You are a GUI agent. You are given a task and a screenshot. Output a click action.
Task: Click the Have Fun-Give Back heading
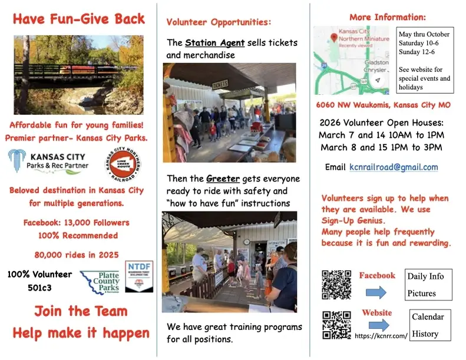(x=78, y=19)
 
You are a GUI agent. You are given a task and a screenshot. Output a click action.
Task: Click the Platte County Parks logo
(x=100, y=282)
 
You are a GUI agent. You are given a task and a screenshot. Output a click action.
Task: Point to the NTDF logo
(x=139, y=276)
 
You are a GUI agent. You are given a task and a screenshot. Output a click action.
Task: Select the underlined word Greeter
(x=221, y=179)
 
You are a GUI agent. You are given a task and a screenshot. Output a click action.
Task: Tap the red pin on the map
(x=334, y=38)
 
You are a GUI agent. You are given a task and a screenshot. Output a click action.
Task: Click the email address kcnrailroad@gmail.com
(x=398, y=167)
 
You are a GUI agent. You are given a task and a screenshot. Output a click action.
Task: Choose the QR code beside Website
(x=337, y=325)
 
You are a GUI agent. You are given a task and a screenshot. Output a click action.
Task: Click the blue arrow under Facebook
(x=375, y=292)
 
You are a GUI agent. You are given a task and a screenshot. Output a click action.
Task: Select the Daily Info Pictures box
(x=428, y=285)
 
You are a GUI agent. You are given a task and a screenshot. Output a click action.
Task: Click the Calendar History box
(x=430, y=325)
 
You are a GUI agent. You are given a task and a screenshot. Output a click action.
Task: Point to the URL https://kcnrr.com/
(x=381, y=336)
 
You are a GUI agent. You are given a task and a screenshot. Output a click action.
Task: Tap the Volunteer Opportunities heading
(x=219, y=22)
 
